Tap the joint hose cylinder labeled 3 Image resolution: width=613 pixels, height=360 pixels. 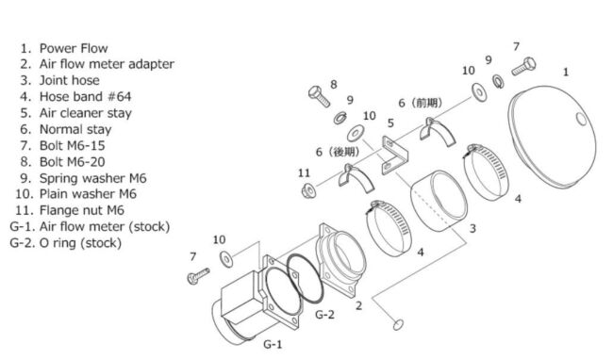[439, 201]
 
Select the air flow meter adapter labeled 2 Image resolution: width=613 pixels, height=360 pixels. [340, 260]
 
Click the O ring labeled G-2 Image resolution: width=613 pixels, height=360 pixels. [305, 278]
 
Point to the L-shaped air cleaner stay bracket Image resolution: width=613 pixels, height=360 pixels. [395, 155]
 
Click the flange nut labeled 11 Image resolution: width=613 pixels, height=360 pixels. [308, 190]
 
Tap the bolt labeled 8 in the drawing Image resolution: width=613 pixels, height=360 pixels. [319, 96]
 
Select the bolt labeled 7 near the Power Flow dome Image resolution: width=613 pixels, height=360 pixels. [523, 66]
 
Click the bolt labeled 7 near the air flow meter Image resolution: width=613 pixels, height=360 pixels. [198, 276]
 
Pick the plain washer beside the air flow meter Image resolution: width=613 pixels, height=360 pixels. [226, 260]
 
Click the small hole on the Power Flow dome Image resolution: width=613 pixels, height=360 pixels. [581, 119]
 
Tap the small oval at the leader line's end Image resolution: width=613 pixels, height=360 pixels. [398, 324]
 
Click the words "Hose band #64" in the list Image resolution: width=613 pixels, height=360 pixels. [85, 96]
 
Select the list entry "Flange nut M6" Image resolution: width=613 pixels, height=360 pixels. [82, 210]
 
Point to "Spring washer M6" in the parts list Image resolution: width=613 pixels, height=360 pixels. [93, 178]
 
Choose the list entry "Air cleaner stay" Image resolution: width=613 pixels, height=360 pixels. [86, 113]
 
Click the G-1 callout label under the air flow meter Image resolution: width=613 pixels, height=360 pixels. [273, 344]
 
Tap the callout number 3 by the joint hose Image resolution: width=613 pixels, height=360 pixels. [472, 228]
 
